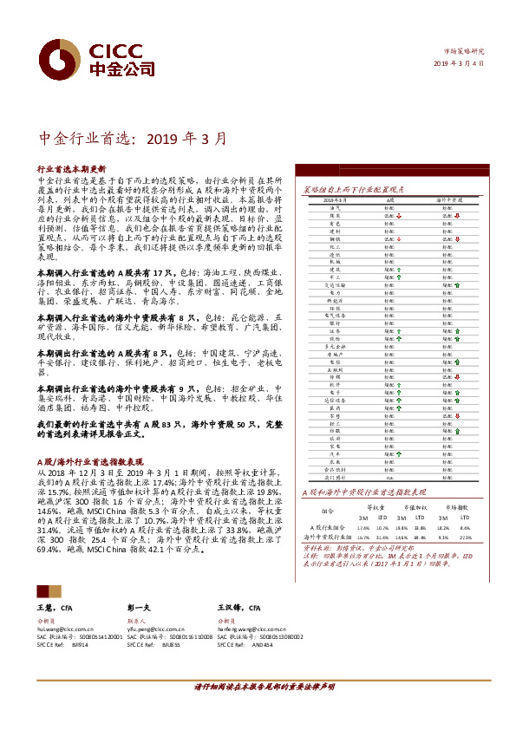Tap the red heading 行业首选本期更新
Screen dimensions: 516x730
71,168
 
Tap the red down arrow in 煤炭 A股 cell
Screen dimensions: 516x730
400,217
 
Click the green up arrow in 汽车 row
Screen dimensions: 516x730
400,454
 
